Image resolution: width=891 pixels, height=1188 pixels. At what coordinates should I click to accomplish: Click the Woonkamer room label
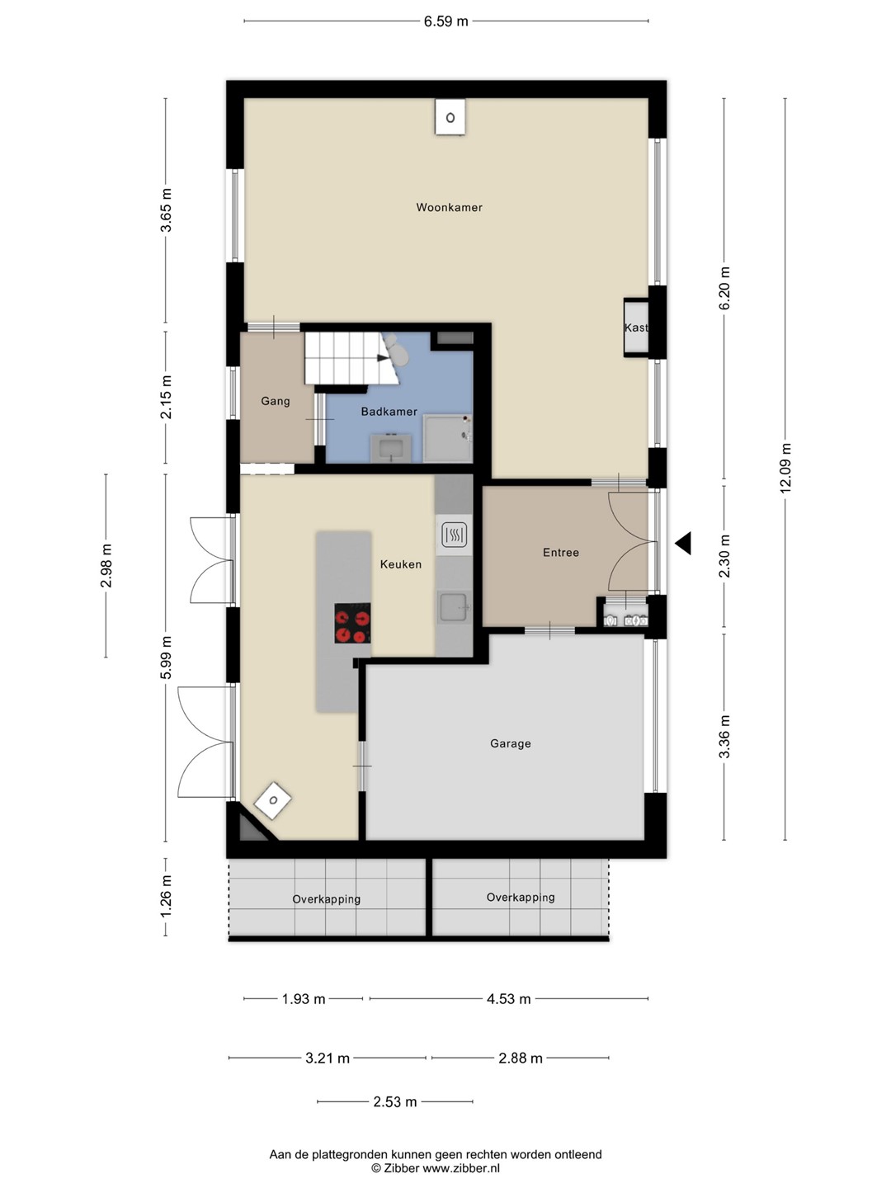pos(449,207)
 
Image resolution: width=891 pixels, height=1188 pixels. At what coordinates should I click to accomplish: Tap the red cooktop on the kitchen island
pos(352,624)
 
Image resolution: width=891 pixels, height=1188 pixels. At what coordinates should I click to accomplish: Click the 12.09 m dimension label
pos(785,468)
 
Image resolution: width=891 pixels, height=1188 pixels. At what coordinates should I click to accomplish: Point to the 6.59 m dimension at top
pos(445,21)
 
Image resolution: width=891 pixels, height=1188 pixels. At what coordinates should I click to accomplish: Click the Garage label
pos(510,743)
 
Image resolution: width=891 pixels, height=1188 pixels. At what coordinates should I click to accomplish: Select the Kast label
pos(635,328)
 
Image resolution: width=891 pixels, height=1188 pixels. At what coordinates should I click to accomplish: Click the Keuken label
pos(400,564)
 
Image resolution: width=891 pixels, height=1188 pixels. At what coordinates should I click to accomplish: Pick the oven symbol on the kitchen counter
pos(454,535)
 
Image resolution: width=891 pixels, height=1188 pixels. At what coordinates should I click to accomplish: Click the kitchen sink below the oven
pos(454,606)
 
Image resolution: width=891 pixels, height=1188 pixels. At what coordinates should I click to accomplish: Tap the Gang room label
pos(276,401)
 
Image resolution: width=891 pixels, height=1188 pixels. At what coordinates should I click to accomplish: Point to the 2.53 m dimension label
pos(395,1101)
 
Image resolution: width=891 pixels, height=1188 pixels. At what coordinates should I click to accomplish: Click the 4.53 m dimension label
pos(508,999)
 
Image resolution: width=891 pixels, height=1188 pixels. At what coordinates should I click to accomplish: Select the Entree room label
pos(561,553)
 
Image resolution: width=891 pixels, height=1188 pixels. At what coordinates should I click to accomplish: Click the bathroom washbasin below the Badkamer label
pos(391,448)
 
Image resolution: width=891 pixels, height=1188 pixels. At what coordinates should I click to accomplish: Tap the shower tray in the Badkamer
pos(447,438)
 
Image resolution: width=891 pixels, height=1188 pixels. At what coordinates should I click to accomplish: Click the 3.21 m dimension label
pos(328,1058)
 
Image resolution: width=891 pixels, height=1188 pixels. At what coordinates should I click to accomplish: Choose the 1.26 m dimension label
pos(166,896)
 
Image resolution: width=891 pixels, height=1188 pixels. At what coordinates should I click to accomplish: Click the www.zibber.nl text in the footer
pos(461,1168)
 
